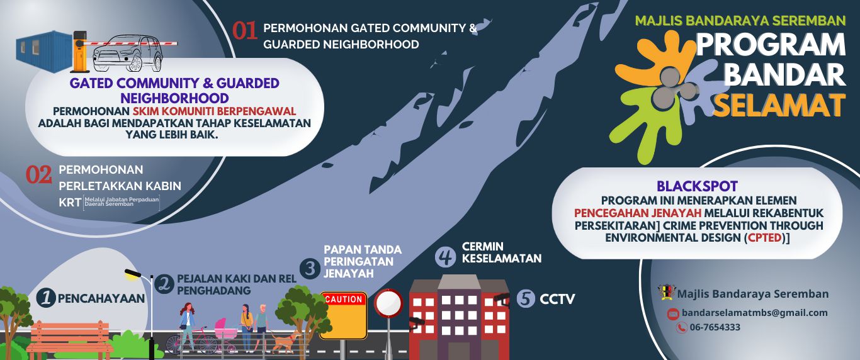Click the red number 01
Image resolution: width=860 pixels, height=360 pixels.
[245, 31]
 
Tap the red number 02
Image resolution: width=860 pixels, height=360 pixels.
[38, 175]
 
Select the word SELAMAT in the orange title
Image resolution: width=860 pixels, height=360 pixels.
[779, 104]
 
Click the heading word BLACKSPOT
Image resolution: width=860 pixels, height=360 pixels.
[697, 186]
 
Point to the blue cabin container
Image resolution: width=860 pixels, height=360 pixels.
[44, 48]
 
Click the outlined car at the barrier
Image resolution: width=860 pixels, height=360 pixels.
[128, 53]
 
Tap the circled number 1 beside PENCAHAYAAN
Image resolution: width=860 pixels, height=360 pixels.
[45, 298]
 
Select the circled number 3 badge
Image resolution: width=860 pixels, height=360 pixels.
[310, 269]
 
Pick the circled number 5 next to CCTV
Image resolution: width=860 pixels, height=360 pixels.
[526, 298]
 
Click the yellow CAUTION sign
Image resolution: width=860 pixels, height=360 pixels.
[344, 314]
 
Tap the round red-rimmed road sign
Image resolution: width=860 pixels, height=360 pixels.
[388, 303]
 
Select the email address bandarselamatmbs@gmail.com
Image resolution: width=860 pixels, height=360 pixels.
[755, 313]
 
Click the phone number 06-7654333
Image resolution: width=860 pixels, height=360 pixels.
[715, 327]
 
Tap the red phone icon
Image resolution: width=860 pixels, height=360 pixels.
[681, 327]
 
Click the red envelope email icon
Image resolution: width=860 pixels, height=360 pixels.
[673, 313]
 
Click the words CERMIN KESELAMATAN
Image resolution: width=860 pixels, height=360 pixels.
[501, 252]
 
